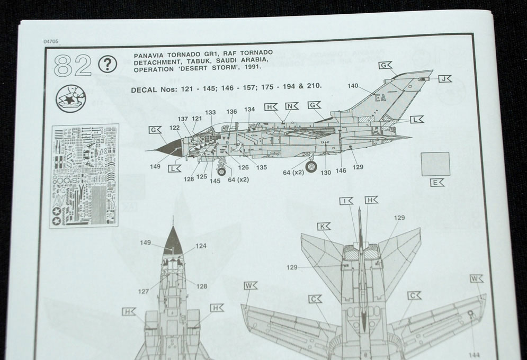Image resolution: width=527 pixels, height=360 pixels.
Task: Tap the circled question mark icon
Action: tap(108, 65)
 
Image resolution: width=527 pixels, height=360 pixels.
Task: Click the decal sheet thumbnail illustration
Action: tap(84, 176)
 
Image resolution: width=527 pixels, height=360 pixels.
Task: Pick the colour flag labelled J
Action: tap(444, 78)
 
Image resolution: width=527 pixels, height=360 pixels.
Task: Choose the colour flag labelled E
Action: tap(437, 183)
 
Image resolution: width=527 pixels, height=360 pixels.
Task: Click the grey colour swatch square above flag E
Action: tap(435, 164)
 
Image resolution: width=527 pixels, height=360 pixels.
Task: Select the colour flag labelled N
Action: tap(292, 106)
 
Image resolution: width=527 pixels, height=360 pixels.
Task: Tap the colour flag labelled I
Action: tap(347, 201)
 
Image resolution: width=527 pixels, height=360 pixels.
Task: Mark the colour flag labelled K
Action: tap(324, 226)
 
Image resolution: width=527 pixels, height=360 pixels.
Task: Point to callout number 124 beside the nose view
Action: tap(201, 246)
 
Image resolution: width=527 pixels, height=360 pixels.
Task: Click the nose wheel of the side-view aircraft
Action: tap(221, 171)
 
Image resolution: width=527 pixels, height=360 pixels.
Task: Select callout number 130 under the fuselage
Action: tap(325, 172)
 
